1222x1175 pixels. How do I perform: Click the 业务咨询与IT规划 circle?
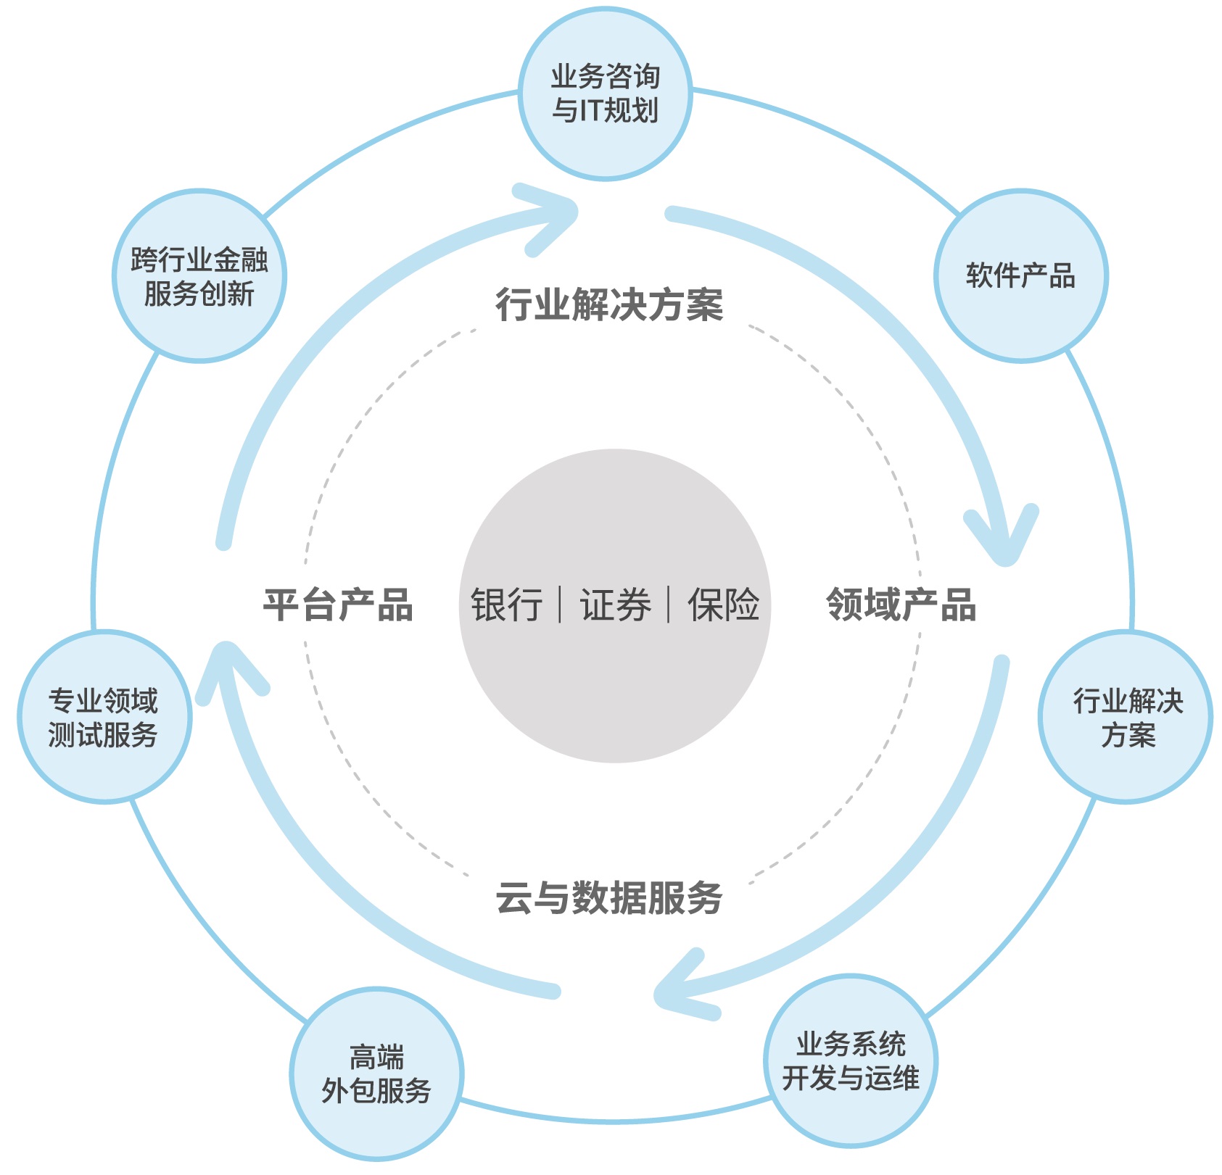point(606,94)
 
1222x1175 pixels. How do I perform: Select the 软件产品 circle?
point(1021,275)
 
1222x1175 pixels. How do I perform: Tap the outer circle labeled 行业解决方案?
point(1126,716)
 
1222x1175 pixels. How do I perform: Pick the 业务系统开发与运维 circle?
point(851,1060)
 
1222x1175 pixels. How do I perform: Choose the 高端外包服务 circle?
point(376,1074)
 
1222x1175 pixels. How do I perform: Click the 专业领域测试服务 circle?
point(104,716)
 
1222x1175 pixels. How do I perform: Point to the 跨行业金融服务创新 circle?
point(199,275)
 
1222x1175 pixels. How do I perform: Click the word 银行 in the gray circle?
point(507,605)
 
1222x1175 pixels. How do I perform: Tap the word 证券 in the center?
point(615,605)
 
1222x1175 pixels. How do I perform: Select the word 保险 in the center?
point(724,605)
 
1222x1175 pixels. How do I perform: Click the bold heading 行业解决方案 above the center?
point(609,304)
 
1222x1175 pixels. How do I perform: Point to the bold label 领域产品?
point(901,605)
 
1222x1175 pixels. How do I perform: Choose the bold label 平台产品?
point(338,605)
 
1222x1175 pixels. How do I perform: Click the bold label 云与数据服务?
point(609,897)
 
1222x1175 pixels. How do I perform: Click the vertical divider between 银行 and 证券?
point(561,605)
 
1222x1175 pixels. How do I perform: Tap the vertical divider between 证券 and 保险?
point(669,605)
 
